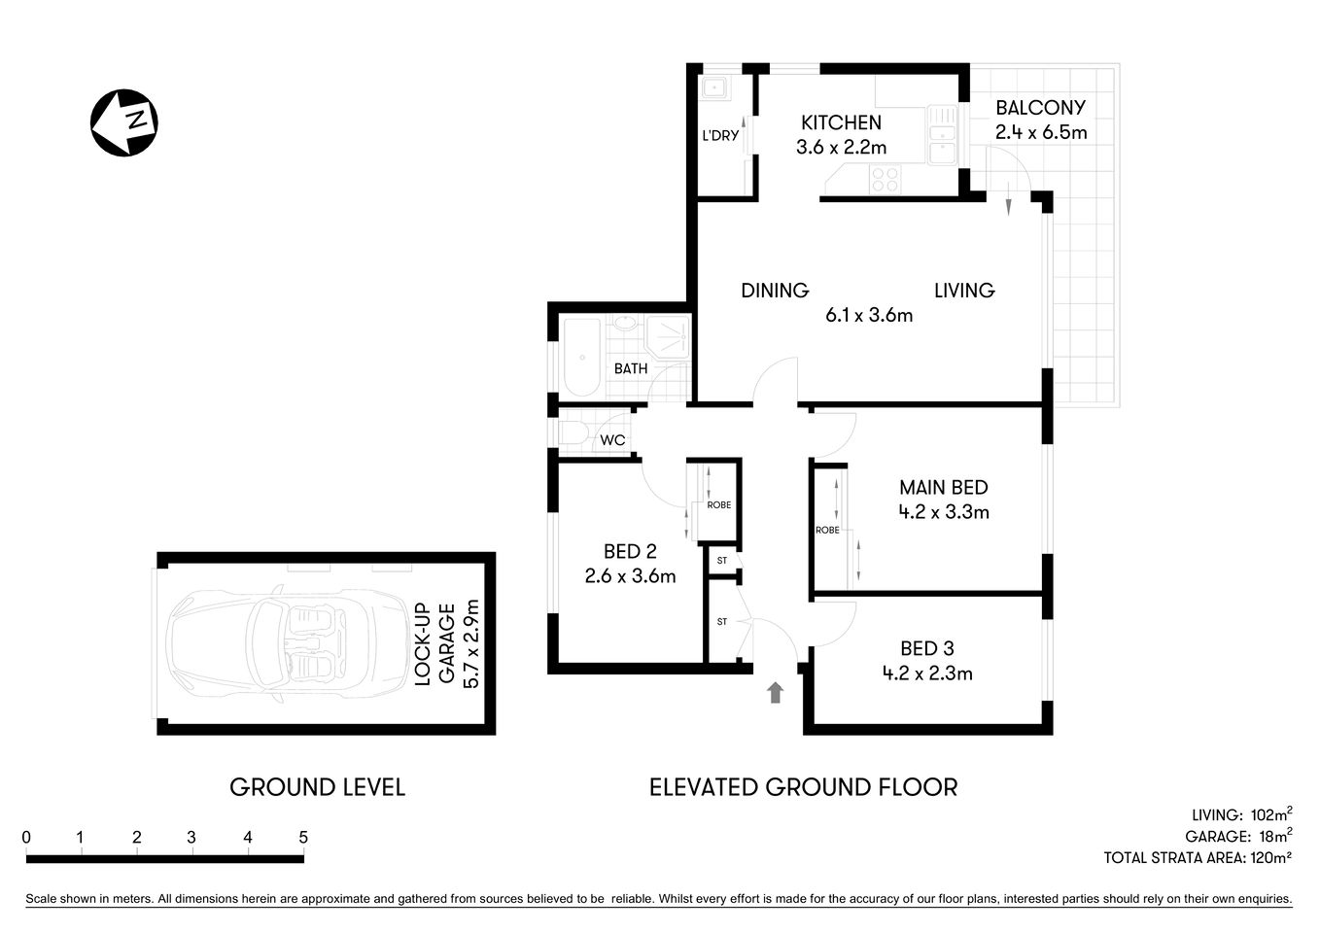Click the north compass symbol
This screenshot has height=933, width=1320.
pos(124,121)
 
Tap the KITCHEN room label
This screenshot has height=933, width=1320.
pos(841,122)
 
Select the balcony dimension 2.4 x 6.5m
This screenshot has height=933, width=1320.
pos(1040,132)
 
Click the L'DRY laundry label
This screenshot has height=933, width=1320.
pos(720,136)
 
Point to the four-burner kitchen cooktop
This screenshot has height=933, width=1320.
pos(885,179)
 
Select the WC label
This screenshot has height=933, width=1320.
pos(612,440)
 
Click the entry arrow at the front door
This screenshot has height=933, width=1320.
pos(775,692)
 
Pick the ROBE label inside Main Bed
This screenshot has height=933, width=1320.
pos(827,530)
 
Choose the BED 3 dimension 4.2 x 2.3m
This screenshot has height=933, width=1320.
pos(927,673)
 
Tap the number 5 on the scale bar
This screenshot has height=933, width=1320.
pos(303,837)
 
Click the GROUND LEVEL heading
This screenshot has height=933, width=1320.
pos(317,787)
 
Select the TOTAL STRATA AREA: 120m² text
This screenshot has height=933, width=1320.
pos(1198,858)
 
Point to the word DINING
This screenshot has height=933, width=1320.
pos(775,290)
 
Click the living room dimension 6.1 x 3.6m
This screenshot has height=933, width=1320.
pos(869,315)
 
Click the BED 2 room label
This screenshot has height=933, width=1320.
pos(630,552)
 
